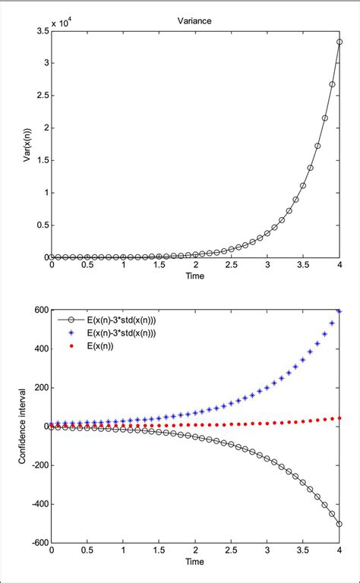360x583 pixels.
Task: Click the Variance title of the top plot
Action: pos(195,23)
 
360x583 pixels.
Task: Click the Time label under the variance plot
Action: pos(195,276)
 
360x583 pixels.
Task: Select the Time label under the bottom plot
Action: pos(195,563)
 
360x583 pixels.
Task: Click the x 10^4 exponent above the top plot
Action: pos(67,25)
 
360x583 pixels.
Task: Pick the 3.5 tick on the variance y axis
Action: pos(41,31)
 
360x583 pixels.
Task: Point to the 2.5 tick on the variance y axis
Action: pos(41,96)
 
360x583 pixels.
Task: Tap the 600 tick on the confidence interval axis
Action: pos(39,310)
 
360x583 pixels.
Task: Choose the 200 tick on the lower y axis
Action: pos(39,387)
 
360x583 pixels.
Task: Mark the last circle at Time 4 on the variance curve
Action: pos(339,43)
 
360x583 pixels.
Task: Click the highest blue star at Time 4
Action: pos(339,311)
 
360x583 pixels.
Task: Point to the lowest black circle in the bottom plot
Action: pos(339,524)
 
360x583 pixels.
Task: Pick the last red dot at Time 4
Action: pos(339,418)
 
